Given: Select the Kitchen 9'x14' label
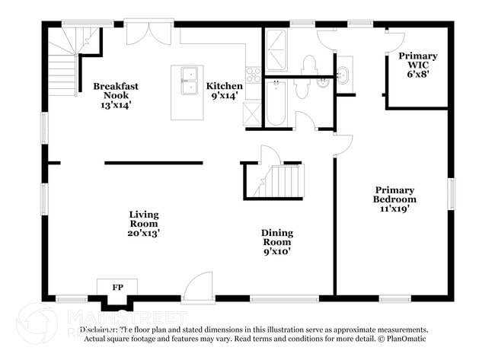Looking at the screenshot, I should [225, 91].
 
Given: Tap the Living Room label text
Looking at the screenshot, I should [143, 224].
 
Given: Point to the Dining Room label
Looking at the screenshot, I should [277, 242].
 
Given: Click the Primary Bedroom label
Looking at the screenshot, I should [394, 199].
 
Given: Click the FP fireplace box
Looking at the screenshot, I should [117, 288].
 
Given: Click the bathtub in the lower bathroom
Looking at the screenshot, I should [275, 104].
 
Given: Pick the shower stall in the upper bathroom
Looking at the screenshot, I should [277, 50].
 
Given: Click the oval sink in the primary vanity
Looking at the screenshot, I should [342, 75].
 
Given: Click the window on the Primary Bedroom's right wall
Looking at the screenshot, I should [450, 194].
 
